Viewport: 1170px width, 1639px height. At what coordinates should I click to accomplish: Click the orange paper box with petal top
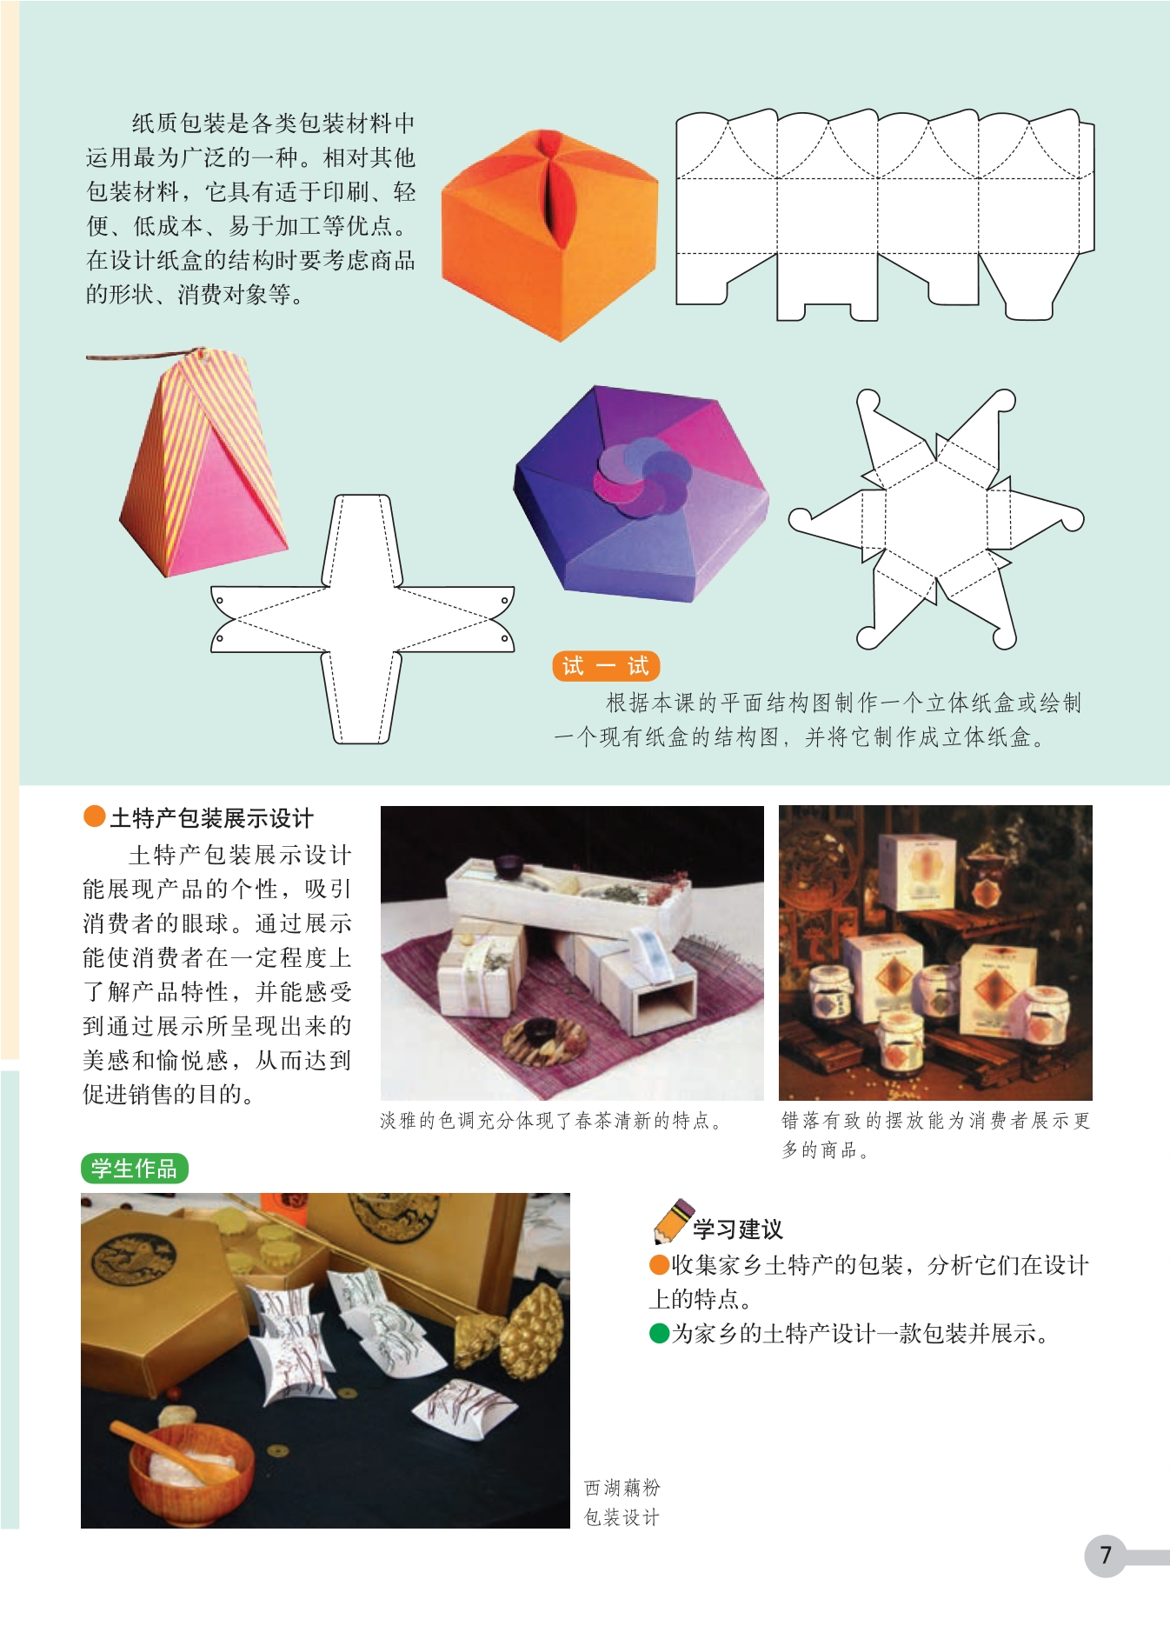[x=549, y=235]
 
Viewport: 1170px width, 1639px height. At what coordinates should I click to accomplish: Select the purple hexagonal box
[x=642, y=494]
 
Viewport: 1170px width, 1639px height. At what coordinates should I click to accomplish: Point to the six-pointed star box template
[x=936, y=519]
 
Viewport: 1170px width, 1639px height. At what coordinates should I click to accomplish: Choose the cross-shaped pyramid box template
[x=362, y=619]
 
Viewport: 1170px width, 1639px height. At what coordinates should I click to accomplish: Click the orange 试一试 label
[x=606, y=666]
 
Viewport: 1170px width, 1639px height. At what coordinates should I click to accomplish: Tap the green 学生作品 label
[x=134, y=1168]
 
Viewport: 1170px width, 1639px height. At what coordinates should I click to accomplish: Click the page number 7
[x=1106, y=1555]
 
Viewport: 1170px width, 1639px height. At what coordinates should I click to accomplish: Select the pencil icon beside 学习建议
[x=673, y=1221]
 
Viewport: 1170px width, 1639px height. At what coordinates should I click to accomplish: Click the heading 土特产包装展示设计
[x=211, y=818]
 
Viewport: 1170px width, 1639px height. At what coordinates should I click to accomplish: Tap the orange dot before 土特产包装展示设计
[x=94, y=816]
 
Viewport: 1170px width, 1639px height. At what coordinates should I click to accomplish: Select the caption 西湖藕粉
[x=622, y=1489]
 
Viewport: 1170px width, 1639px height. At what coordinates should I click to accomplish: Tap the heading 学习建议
[x=738, y=1229]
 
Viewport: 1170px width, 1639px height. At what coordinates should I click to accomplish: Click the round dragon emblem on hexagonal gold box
[x=135, y=1263]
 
